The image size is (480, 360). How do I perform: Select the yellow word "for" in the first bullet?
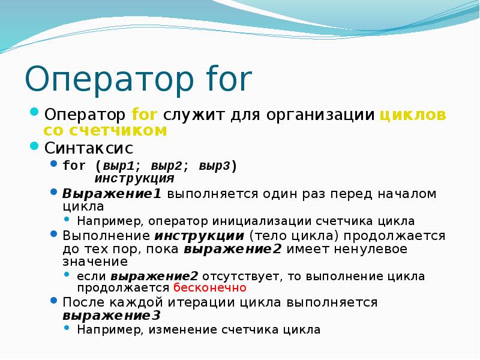coord(144,115)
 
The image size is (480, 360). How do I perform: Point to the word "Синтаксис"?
coord(89,147)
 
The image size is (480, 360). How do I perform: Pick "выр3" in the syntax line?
coord(215,166)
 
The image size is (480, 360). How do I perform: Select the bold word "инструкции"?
coord(200,235)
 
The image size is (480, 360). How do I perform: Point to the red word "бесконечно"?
coord(209,287)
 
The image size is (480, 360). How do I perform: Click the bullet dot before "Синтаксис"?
coord(34,146)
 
